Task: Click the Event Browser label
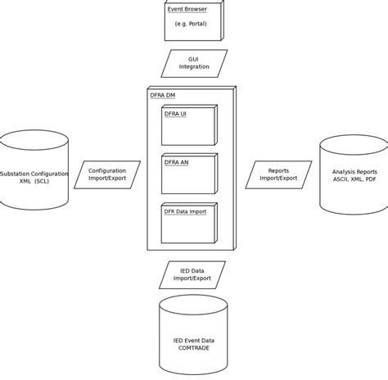187,10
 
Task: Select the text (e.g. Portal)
191,24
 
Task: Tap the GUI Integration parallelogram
194,63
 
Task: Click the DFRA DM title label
162,95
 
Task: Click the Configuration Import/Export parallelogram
107,174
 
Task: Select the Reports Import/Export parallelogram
278,174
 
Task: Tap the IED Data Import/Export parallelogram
192,274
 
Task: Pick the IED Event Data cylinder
193,336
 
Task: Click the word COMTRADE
193,348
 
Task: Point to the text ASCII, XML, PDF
354,179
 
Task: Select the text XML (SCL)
34,181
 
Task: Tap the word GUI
194,59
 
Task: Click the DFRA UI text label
175,114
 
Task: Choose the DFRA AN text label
176,162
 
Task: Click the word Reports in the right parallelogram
278,170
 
